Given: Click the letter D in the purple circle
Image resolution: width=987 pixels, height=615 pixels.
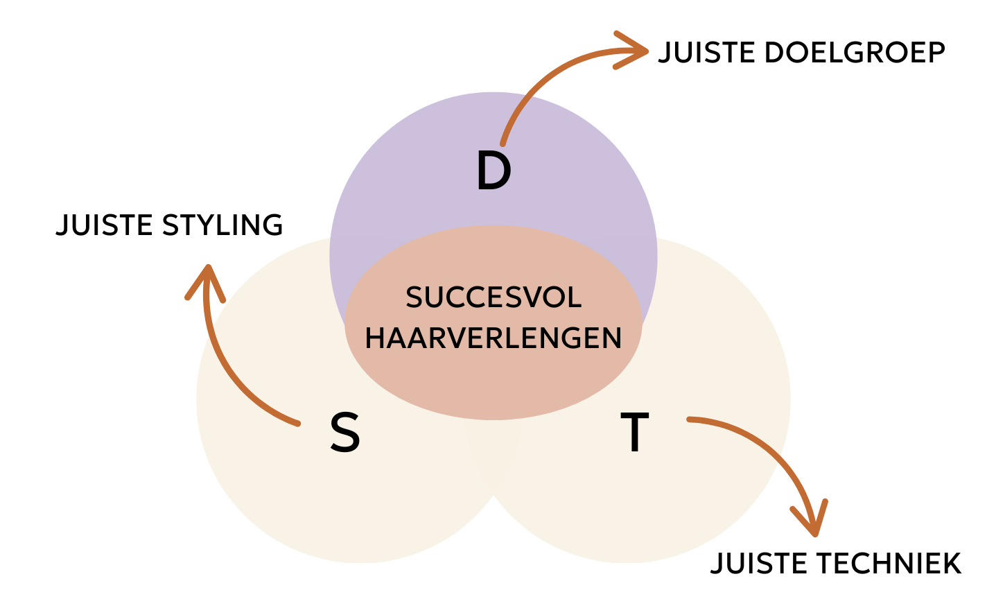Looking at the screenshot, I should (493, 172).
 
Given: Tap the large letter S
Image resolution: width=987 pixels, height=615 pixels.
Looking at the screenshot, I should (344, 433).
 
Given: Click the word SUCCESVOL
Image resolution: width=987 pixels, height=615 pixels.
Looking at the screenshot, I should (493, 298).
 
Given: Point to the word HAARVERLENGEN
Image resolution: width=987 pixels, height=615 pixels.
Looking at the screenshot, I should (493, 338).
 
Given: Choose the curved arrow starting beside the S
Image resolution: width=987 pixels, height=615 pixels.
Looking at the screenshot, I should (229, 374).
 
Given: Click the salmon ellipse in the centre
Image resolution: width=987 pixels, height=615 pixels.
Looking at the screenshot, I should (493, 381).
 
